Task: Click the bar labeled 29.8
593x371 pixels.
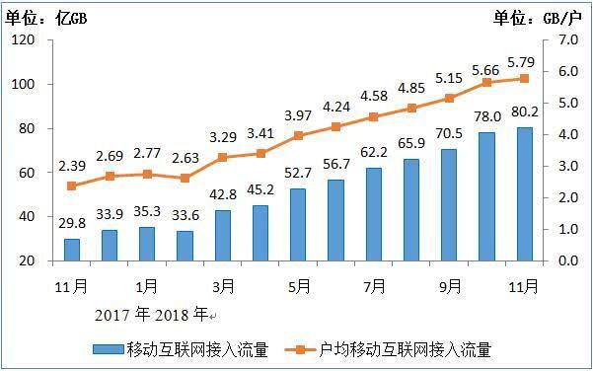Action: pos(72,249)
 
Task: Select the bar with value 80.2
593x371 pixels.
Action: pos(525,193)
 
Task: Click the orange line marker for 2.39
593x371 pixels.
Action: pos(72,185)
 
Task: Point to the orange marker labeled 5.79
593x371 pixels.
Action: pos(525,78)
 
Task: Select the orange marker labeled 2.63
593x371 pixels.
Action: pos(185,178)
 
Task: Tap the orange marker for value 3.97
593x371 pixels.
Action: pos(298,135)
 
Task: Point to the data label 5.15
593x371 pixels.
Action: pos(449,78)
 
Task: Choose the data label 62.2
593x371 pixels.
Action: pos(374,151)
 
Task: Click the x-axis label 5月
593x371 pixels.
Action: pos(298,286)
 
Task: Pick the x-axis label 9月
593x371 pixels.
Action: pos(450,286)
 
